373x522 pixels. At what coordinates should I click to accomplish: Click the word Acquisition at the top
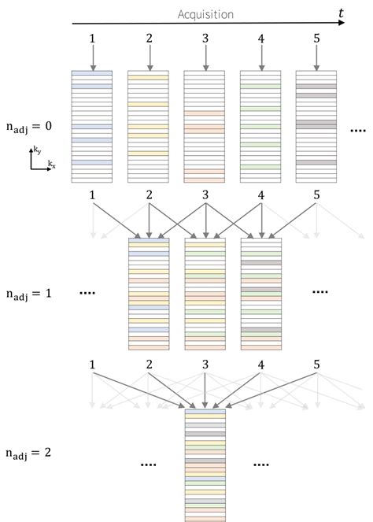(x=205, y=14)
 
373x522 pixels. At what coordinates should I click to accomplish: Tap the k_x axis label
(x=51, y=164)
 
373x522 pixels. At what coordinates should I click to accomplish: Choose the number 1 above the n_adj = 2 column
(x=92, y=365)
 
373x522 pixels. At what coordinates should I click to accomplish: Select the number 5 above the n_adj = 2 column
(x=316, y=365)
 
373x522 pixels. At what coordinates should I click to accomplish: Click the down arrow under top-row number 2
(x=149, y=57)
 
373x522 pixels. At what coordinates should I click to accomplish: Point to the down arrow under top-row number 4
(x=260, y=57)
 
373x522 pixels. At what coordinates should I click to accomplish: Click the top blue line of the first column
(x=92, y=73)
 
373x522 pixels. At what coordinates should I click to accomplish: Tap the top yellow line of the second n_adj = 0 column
(x=149, y=78)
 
